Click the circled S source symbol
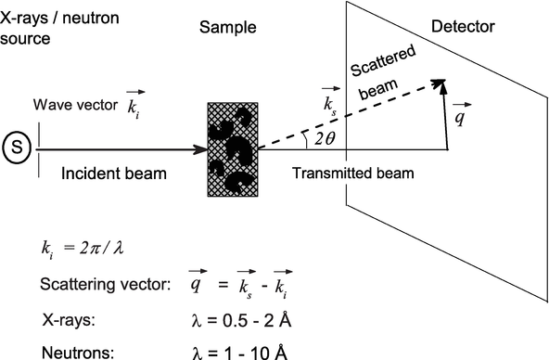tap(17, 147)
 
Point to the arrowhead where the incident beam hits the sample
tap(199, 148)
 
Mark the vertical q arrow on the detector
tap(447, 121)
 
